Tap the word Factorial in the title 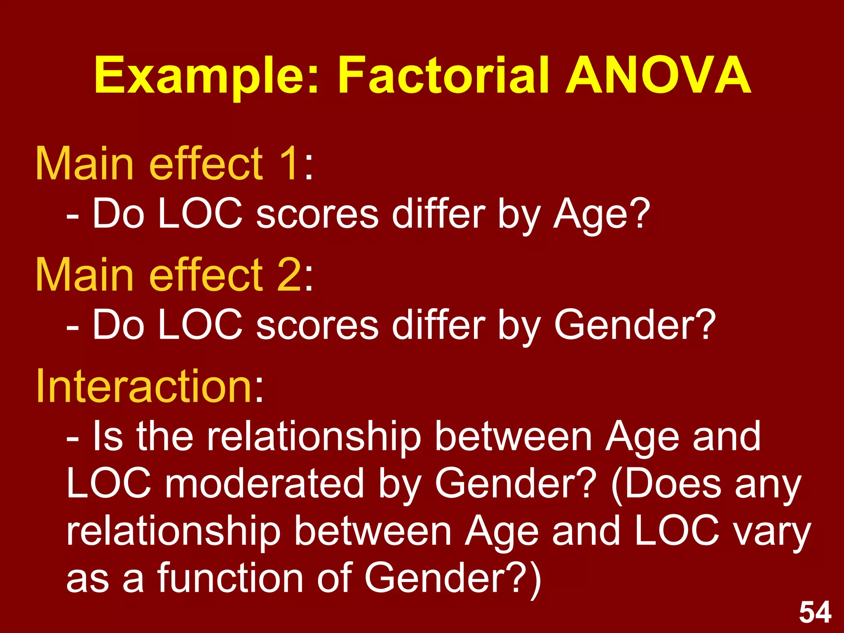(444, 76)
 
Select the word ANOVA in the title (658, 76)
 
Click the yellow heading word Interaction (144, 386)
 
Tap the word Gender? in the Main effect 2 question (635, 325)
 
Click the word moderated (264, 483)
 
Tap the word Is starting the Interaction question (108, 436)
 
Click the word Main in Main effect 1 (84, 164)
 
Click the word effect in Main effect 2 (206, 275)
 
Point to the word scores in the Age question (317, 214)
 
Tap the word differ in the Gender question (438, 325)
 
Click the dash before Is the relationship (73, 439)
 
